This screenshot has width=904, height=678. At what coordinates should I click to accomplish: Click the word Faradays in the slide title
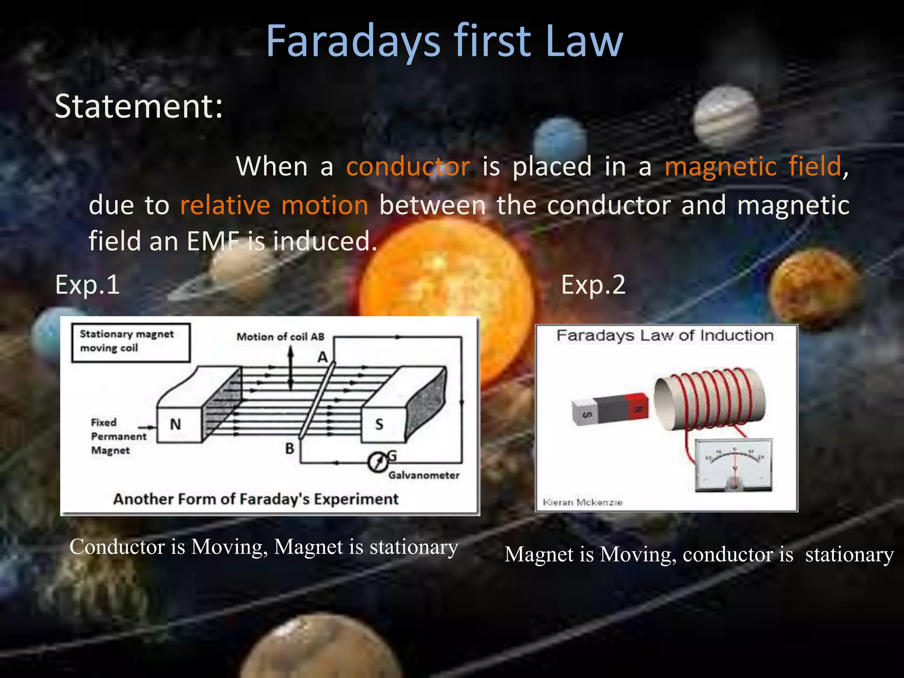point(353,41)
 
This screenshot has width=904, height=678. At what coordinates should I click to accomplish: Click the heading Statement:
point(139,106)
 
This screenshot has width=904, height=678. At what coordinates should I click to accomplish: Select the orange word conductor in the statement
point(408,167)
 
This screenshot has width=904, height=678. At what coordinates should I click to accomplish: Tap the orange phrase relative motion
point(274,205)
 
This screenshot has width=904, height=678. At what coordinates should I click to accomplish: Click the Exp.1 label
point(87,285)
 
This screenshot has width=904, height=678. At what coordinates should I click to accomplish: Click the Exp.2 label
point(593,285)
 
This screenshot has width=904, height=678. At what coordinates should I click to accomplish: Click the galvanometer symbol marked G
point(378,463)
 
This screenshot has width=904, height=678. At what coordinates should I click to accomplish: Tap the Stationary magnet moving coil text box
point(131,342)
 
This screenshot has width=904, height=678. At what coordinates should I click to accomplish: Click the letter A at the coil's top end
point(323,357)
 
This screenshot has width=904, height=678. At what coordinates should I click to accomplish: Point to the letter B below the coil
point(290,449)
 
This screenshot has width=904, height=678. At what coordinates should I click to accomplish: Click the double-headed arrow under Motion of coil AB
point(290,369)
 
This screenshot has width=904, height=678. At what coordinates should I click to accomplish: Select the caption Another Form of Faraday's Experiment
point(256,499)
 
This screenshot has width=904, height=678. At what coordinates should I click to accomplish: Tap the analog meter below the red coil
point(734,465)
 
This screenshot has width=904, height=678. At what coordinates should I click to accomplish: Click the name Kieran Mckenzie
point(582,502)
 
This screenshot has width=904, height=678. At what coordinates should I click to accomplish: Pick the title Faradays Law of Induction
point(665,335)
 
